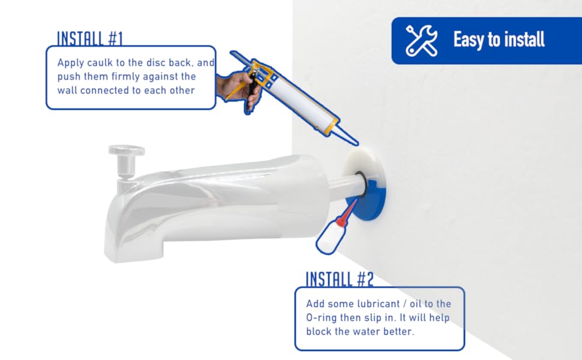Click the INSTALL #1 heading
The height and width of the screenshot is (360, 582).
(89, 38)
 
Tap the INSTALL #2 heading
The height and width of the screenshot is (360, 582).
(340, 279)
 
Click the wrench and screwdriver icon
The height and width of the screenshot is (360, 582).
(422, 40)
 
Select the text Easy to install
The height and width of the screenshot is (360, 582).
(499, 40)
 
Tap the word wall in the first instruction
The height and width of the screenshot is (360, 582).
(68, 91)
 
